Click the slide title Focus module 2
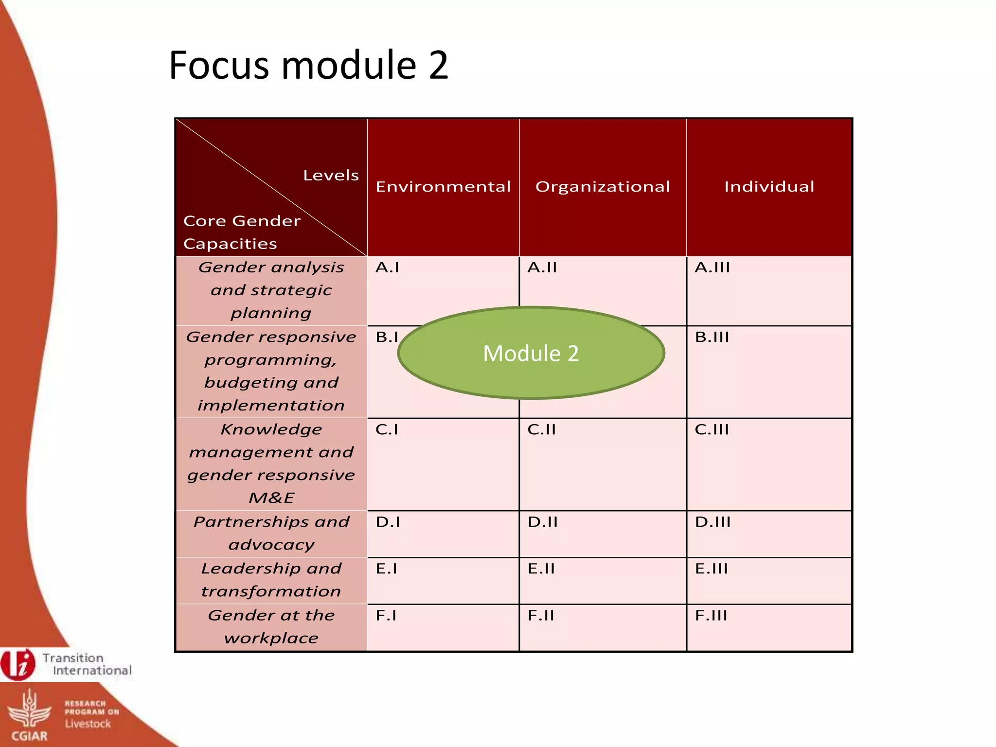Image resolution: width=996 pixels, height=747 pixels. pyautogui.click(x=308, y=65)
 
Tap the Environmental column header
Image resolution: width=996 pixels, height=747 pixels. pyautogui.click(x=443, y=187)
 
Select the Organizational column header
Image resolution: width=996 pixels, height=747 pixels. pyautogui.click(x=603, y=187)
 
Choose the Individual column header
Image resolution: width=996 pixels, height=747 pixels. pyautogui.click(x=769, y=187)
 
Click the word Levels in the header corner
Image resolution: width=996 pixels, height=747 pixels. pyautogui.click(x=331, y=176)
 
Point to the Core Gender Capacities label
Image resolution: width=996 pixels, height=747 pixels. pyautogui.click(x=242, y=232)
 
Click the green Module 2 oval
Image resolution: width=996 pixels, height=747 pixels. pyautogui.click(x=531, y=353)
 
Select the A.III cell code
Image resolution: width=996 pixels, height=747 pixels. pyautogui.click(x=712, y=267)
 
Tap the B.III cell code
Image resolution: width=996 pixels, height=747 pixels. pyautogui.click(x=712, y=337)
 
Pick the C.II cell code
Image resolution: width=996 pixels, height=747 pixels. pyautogui.click(x=541, y=429)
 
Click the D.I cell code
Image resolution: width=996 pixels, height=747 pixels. pyautogui.click(x=388, y=522)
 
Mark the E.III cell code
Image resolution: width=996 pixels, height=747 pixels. pyautogui.click(x=711, y=569)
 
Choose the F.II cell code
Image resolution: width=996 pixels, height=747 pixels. pyautogui.click(x=541, y=616)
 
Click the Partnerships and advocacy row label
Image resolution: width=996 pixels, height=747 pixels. pyautogui.click(x=271, y=533)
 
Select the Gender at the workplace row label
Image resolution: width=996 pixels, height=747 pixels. pyautogui.click(x=271, y=626)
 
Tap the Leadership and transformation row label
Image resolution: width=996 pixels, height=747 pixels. pyautogui.click(x=271, y=580)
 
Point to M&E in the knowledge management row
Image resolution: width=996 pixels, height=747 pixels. pyautogui.click(x=271, y=498)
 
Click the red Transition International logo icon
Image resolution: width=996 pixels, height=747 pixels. pyautogui.click(x=18, y=664)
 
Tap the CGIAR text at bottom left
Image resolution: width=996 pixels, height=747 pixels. pyautogui.click(x=29, y=736)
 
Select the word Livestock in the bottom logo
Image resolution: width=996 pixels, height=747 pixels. pyautogui.click(x=88, y=724)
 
